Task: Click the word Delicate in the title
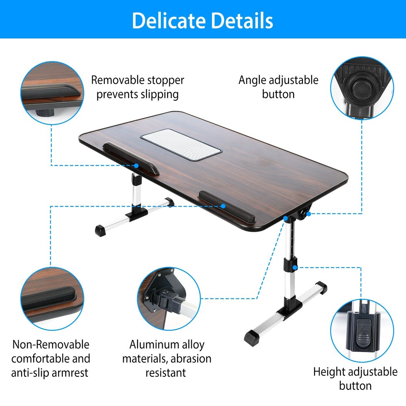point(166,20)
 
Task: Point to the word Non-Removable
point(50,345)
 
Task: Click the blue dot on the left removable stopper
point(136,166)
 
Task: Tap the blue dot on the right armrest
point(223,206)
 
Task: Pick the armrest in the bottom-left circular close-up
point(49,296)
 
